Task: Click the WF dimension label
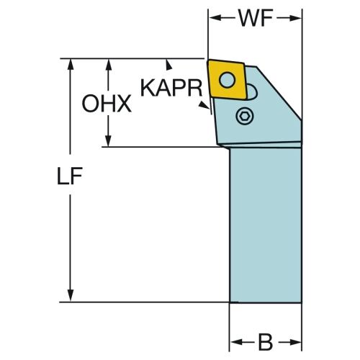coord(256,18)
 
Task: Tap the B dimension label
coord(266,342)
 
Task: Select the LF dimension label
coord(70,176)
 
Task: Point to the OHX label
coord(107,104)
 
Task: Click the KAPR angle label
coord(171,88)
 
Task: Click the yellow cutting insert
coord(227,79)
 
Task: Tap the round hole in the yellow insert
coord(227,80)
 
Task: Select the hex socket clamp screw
coord(245,116)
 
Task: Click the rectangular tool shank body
coord(266,225)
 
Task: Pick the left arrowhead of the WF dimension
coord(215,18)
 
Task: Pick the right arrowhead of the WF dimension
coord(295,18)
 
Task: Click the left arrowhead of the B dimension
coord(235,342)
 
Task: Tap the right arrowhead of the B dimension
coord(295,342)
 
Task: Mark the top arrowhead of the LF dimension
coord(70,65)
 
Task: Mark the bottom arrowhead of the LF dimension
coord(70,295)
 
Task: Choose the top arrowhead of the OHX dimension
coord(109,65)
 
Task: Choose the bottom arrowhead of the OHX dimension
coord(109,140)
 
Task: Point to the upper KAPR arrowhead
coord(168,66)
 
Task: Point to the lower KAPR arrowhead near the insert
coord(203,105)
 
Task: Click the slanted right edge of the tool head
coord(279,93)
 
